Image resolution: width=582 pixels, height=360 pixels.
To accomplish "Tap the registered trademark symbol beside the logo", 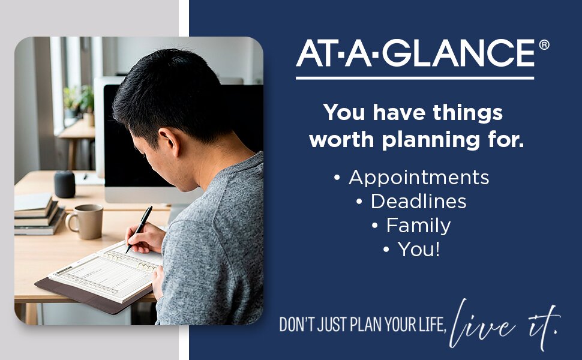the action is click(x=544, y=45).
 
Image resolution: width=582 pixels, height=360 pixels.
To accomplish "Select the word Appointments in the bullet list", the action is click(x=419, y=178).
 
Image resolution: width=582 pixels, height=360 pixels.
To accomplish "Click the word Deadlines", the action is click(x=419, y=202).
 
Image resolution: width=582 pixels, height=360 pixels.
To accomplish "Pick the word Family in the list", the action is click(x=419, y=226).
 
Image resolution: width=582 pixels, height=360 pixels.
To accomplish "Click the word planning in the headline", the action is click(x=431, y=140).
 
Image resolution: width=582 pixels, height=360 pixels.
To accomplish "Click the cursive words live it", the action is click(x=503, y=325).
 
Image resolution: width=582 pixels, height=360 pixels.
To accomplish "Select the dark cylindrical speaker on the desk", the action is click(x=65, y=184).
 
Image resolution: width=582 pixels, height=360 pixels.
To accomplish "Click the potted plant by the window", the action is click(x=79, y=102).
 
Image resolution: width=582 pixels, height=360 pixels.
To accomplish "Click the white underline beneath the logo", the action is click(x=415, y=79).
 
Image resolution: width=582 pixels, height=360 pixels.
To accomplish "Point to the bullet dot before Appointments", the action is click(x=337, y=178).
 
